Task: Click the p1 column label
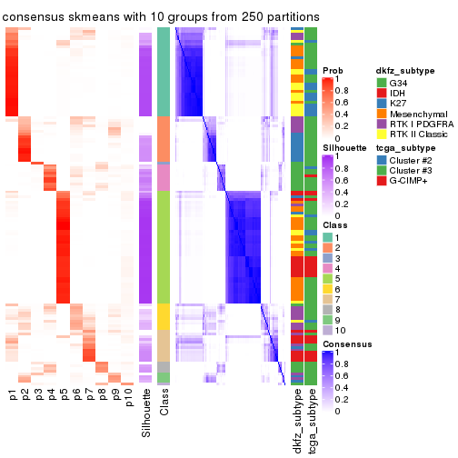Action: [13, 396]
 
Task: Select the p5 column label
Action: [65, 396]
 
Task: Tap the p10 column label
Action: [129, 399]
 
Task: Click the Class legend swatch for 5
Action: [327, 278]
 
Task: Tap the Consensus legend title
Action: [344, 346]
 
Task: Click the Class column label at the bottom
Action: [164, 406]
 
